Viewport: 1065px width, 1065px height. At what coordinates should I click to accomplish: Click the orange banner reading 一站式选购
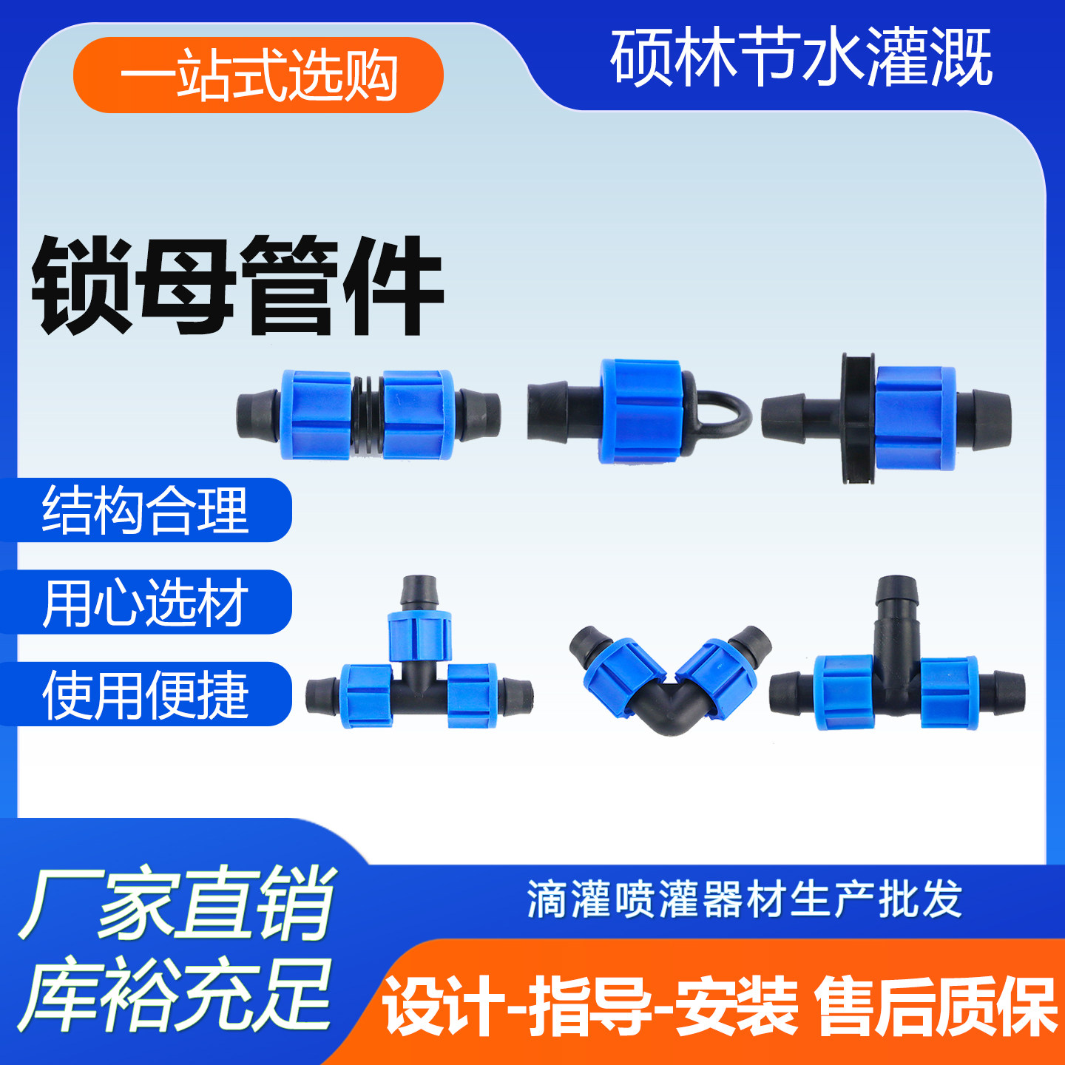258,75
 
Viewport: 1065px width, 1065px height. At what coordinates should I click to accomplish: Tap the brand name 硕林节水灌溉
800,58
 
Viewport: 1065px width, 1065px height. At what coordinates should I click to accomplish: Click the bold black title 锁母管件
237,286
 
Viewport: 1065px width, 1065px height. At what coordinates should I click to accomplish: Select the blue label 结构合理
146,510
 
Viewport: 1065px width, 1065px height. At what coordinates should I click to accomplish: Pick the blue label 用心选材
146,603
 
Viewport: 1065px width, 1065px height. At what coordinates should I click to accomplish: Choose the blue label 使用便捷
146,694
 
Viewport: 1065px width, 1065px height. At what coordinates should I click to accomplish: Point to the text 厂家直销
177,903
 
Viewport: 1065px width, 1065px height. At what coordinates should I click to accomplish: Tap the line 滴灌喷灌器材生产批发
744,899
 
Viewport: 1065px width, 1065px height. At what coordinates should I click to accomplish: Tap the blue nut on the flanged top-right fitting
916,418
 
